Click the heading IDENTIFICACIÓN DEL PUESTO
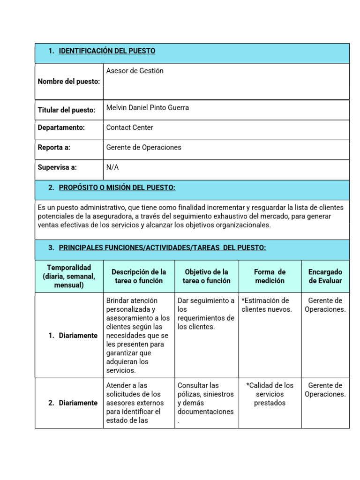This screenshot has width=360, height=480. [107, 51]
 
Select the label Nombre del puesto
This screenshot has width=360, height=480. [69, 82]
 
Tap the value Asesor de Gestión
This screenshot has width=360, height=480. [135, 71]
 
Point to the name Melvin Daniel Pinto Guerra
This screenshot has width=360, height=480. [148, 108]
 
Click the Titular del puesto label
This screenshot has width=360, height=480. [67, 110]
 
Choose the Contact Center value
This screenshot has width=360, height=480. [130, 127]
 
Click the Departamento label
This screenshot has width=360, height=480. [61, 127]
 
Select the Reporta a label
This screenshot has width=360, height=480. [54, 147]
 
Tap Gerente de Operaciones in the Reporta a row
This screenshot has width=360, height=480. [144, 147]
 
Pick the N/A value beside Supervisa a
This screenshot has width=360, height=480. [112, 167]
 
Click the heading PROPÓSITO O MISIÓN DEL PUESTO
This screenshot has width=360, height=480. [117, 187]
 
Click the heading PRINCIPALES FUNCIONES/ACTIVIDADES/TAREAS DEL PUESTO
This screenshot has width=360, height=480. [162, 247]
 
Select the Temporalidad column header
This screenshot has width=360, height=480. [69, 276]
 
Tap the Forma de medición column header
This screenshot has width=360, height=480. [270, 276]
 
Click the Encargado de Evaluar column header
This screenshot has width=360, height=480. [325, 276]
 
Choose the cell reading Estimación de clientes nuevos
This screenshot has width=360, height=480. [266, 305]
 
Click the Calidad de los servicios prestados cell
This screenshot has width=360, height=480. [270, 394]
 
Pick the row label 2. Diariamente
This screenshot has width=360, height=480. [73, 403]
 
